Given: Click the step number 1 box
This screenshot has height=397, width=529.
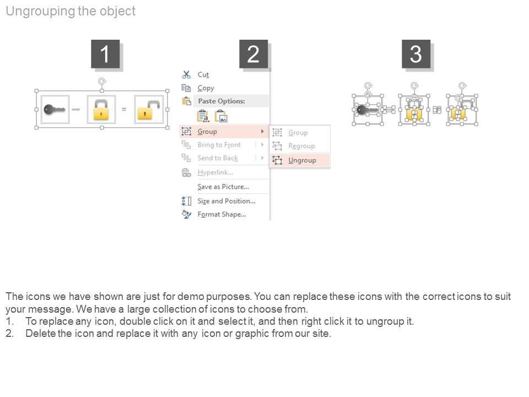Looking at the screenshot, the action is (105, 54).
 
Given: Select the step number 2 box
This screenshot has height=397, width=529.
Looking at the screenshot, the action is (253, 54).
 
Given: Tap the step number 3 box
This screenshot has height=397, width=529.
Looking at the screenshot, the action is (416, 54).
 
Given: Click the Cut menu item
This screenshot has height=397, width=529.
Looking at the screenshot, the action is (203, 74).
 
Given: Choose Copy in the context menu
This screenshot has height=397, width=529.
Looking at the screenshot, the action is (206, 88).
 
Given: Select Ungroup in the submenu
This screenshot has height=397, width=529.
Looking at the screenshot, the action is (302, 160).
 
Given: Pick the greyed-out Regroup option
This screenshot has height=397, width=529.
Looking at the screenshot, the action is (301, 146).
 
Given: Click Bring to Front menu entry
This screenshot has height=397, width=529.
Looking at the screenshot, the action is (219, 145).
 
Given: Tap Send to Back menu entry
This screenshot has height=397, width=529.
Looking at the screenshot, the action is (218, 158).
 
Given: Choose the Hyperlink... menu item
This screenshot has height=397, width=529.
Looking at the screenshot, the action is (215, 173).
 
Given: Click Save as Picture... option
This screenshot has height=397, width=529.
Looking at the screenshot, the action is (223, 187).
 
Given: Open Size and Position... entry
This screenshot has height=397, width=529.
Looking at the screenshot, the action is (226, 201).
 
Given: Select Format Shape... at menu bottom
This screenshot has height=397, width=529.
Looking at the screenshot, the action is (222, 214).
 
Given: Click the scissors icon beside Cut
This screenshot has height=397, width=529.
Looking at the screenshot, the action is (186, 74).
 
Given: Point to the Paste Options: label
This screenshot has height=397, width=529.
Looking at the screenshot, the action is (222, 101).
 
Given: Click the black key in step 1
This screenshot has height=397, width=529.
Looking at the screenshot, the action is (54, 109).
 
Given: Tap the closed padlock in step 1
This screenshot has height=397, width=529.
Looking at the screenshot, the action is (101, 110).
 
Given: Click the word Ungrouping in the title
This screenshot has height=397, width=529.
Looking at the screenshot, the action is (40, 11).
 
